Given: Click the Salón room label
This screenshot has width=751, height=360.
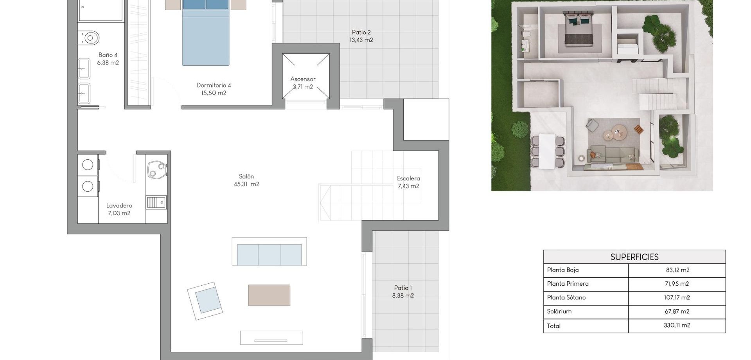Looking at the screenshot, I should [x=246, y=176].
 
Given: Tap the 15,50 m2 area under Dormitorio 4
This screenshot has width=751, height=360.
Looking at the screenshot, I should [x=214, y=93].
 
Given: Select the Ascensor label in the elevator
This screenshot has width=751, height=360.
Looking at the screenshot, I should [x=303, y=79].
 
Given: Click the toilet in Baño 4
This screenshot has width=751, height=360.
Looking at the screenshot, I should [x=90, y=38].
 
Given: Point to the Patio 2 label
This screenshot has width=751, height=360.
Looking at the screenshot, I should [x=361, y=32].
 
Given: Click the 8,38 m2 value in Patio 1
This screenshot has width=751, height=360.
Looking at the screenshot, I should [x=403, y=296].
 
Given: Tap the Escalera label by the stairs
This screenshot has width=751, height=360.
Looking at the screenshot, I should [x=408, y=178].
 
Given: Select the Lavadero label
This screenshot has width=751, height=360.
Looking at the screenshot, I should [x=119, y=205].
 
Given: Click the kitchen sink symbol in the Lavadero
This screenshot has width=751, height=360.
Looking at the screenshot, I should [x=156, y=202].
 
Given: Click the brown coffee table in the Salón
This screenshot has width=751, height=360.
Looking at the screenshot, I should [x=269, y=295].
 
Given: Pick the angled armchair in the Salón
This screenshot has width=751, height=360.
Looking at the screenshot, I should [x=205, y=301].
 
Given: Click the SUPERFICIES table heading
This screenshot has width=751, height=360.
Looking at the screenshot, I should [x=634, y=257].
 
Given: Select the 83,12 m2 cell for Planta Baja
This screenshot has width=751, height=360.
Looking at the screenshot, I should [x=677, y=270].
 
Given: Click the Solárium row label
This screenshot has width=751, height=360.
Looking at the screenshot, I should [x=559, y=311].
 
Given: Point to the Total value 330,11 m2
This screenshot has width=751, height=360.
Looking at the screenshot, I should [x=677, y=325].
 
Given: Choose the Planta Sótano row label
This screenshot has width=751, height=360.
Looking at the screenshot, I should [x=566, y=297].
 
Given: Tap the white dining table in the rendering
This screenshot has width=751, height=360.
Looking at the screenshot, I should [x=547, y=151].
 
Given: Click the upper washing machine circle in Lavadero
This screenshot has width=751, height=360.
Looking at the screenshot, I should [x=88, y=165].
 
